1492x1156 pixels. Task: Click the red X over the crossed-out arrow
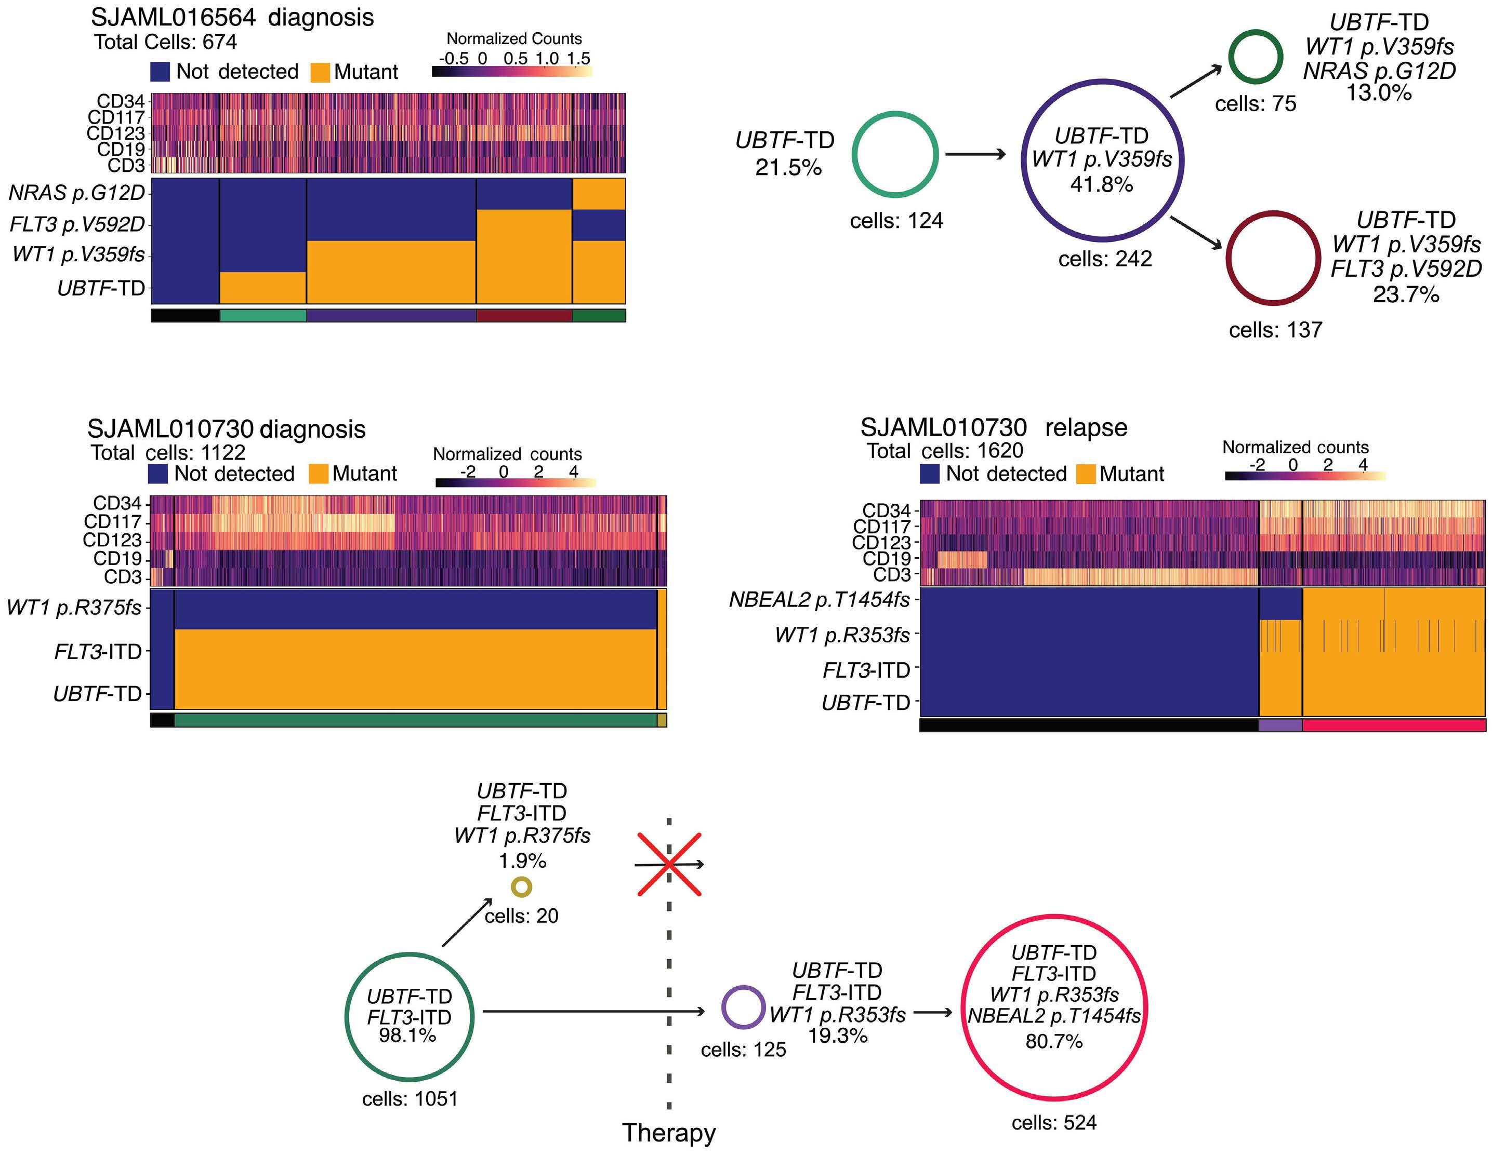669,864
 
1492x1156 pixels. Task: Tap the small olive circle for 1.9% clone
522,887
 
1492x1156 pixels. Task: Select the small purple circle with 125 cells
743,1007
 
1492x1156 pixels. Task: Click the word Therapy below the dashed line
669,1133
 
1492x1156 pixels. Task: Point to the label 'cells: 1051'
410,1099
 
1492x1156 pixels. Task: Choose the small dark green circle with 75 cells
1255,57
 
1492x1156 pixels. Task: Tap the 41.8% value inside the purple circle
1101,184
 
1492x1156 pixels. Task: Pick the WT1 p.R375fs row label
74,607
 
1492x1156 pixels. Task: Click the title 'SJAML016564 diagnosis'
232,17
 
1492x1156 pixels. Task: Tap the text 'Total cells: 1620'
945,451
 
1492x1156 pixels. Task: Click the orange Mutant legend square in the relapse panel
1086,474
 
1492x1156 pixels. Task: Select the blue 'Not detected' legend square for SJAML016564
160,72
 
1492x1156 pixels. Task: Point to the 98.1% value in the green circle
408,1035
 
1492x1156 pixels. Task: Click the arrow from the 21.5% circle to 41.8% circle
975,154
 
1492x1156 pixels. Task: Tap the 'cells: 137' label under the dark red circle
1275,330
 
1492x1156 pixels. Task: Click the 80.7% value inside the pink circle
1053,1041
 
